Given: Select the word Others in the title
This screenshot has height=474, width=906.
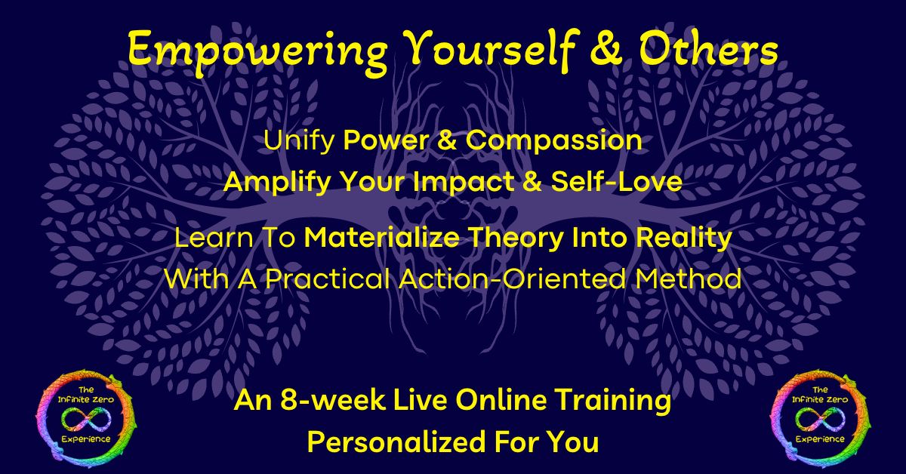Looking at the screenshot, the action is point(708,48).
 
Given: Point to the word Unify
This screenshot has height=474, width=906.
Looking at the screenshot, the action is point(299,141).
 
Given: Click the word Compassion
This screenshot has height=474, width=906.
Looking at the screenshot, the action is point(553,141).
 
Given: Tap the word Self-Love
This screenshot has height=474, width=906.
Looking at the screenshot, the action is point(617,181).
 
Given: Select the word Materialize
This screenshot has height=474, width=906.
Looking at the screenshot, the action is point(382,238).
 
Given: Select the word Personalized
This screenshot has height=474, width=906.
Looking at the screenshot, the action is point(396,442).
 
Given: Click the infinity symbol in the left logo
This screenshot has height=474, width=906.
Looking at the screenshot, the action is point(86,419).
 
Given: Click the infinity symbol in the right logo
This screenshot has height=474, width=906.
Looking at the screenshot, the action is point(820,419).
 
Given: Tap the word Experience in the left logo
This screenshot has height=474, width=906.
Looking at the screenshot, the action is point(86,439).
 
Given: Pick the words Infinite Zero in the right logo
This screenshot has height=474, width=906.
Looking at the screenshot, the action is point(820,399).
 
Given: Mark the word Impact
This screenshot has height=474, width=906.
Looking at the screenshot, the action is point(463,183).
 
